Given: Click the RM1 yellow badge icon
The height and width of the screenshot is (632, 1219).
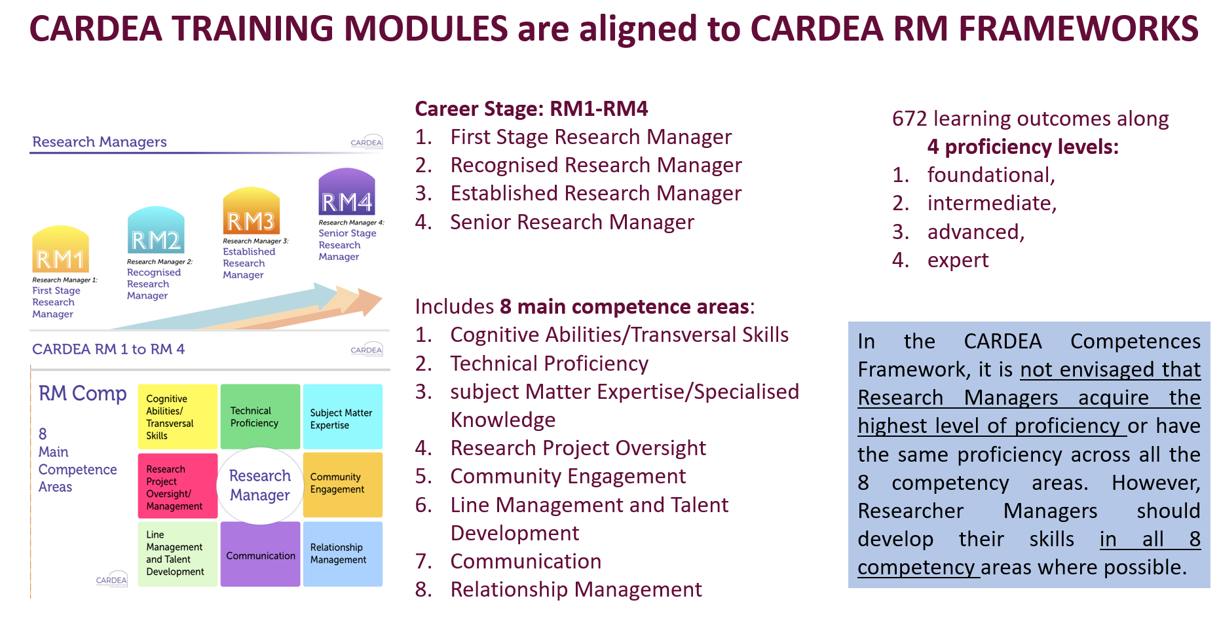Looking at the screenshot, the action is coord(61,249).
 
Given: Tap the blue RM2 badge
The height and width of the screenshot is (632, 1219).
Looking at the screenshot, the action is coord(156,230).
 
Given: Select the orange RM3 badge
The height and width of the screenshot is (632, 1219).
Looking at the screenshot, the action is coord(252,211).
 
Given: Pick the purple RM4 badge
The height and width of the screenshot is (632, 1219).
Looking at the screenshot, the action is coord(347,192).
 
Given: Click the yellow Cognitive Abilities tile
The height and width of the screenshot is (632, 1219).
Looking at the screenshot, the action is coord(178,417).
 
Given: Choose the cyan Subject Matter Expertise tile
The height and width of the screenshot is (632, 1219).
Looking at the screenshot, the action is coord(343,417).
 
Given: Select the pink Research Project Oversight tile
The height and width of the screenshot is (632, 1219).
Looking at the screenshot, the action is coord(178,486).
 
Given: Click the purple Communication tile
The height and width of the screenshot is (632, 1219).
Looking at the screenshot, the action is coord(260,554).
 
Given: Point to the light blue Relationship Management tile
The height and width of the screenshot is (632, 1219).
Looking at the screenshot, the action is coord(343,554).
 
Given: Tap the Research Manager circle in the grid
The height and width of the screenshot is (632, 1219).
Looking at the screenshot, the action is coord(260,485).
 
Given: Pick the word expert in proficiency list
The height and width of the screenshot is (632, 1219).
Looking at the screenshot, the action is coord(958,261).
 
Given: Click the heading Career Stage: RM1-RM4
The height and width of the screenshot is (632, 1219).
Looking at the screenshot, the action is coord(531,109).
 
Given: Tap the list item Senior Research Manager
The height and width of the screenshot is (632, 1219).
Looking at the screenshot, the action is coord(572,222).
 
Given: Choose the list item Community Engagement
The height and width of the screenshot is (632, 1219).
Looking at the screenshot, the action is coord(568,476).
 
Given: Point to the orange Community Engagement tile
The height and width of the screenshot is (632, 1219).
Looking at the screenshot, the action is coord(343,485).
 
